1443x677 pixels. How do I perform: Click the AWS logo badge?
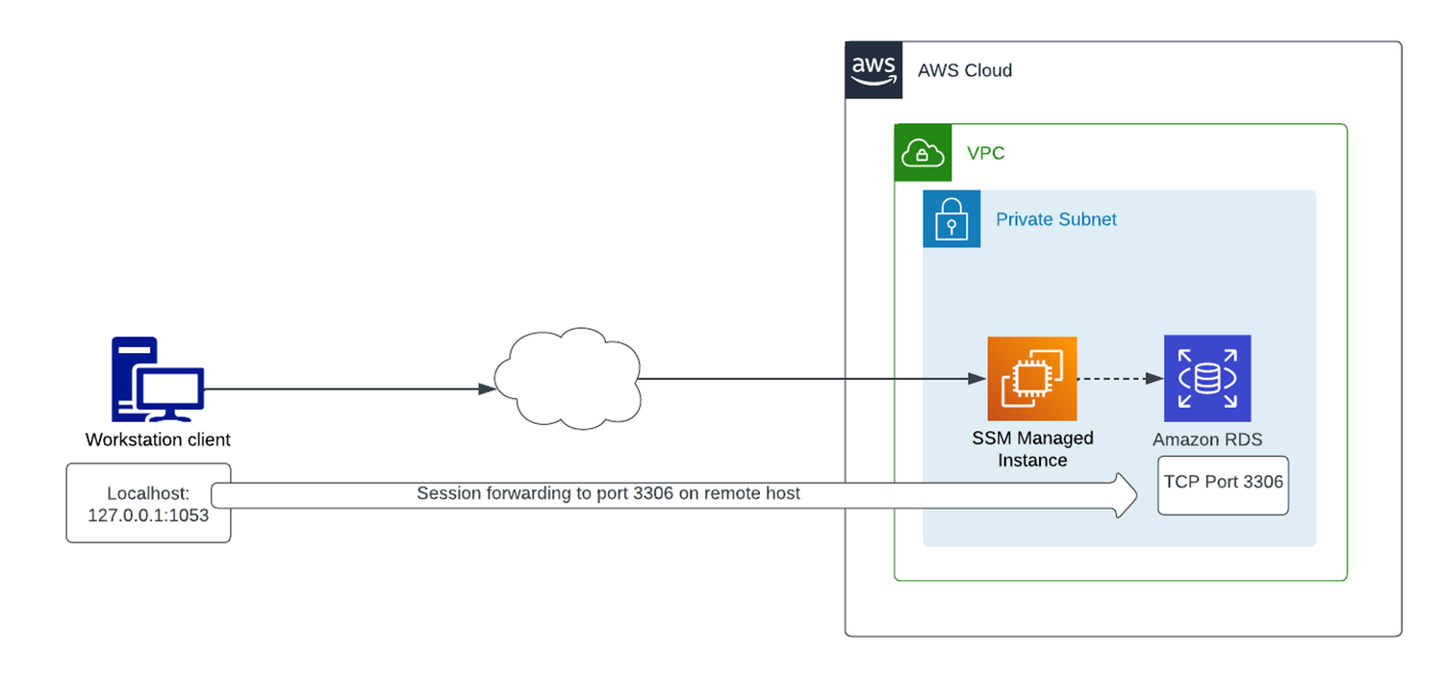coord(873,70)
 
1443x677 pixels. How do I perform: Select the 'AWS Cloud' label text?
coord(964,70)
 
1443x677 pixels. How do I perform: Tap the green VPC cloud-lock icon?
coord(923,153)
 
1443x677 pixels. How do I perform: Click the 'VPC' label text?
coord(986,153)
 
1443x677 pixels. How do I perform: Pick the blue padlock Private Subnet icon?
coord(951,219)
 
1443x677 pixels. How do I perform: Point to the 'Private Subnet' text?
coord(1055,219)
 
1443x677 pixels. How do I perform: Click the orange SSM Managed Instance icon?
coord(1031,379)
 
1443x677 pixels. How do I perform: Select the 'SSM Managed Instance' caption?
coord(1032,449)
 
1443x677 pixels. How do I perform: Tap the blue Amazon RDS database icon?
coord(1206,378)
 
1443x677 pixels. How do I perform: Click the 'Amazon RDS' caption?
coord(1207,439)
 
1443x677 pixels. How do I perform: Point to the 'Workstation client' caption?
coord(158,439)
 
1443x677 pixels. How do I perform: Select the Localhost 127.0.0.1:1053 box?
coord(148,503)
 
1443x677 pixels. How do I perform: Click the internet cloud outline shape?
coord(566,377)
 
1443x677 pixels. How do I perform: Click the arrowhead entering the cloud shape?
coord(487,389)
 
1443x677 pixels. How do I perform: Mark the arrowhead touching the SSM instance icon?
coord(977,379)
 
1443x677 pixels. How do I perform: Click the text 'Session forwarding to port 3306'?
coord(608,493)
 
